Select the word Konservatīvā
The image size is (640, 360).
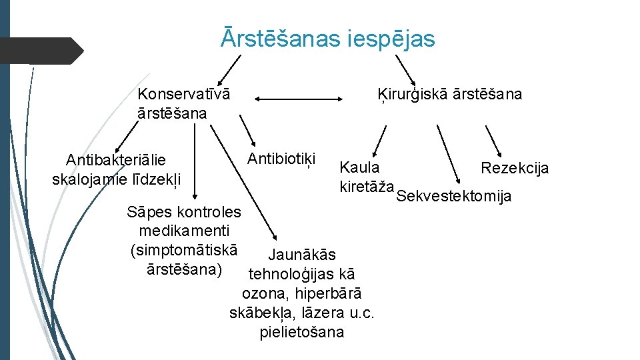tap(184, 94)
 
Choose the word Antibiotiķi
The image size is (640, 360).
tap(281, 159)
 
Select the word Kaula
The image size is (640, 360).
tap(359, 167)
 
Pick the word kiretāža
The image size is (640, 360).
tap(367, 185)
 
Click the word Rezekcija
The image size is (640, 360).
tap(515, 168)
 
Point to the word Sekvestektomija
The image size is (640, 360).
tap(453, 196)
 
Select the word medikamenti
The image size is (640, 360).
tap(184, 231)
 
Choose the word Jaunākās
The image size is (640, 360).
tap(301, 255)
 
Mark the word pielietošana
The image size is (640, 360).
tap(302, 332)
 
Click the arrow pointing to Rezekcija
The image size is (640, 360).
tap(494, 140)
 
